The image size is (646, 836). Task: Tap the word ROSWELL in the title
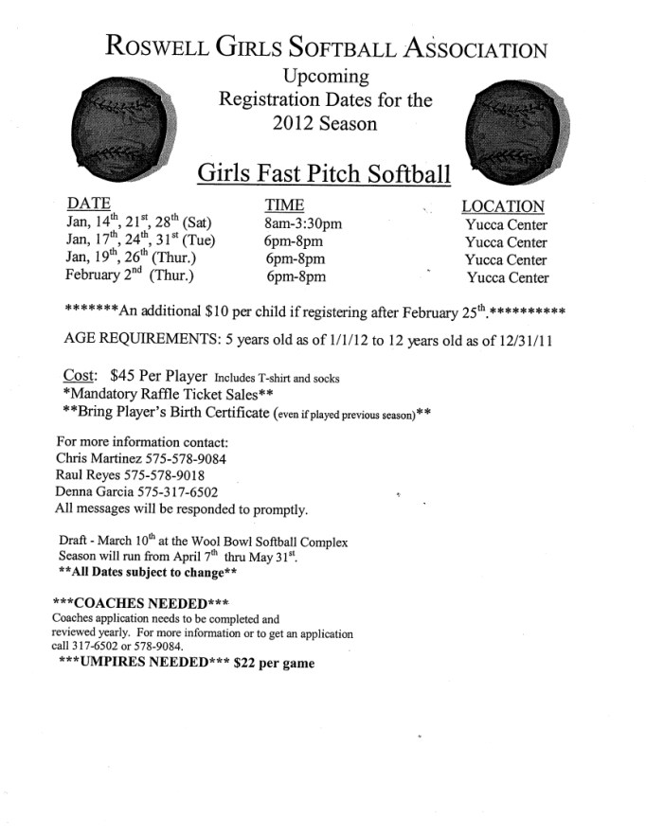[x=164, y=46]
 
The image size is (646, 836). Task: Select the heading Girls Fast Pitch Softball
[x=324, y=173]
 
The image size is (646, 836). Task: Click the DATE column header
[x=89, y=205]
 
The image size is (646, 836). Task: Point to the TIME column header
[x=284, y=205]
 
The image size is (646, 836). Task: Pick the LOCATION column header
[x=502, y=206]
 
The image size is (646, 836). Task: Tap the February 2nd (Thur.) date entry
[x=130, y=276]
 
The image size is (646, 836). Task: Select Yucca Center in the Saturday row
[x=506, y=225]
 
